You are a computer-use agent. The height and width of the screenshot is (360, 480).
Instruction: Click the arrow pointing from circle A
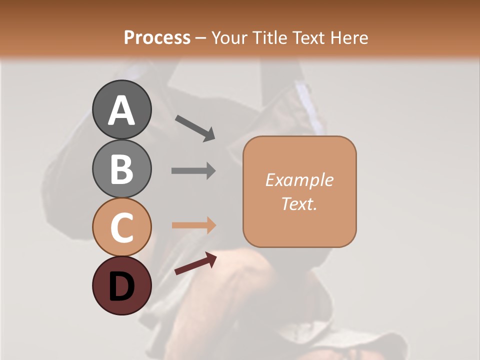pos(195,127)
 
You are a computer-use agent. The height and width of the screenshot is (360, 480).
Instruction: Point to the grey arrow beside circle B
pos(193,170)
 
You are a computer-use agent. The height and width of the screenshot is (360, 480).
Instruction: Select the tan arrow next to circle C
pos(193,225)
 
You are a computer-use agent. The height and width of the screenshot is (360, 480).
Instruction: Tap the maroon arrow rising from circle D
pos(195,263)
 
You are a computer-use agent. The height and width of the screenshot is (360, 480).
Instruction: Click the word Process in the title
pos(157,37)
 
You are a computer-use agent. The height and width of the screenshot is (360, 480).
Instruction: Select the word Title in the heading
pos(268,37)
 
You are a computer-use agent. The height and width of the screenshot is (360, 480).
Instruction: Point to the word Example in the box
pos(299,180)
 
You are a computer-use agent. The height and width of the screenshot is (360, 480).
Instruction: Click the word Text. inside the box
pos(299,204)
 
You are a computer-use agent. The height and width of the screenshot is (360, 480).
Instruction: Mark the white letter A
pos(121,110)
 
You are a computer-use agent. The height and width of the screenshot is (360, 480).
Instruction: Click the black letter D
pos(121,287)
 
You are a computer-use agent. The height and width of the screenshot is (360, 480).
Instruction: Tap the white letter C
pos(121,227)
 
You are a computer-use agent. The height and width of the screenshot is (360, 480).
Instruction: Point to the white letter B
pos(121,169)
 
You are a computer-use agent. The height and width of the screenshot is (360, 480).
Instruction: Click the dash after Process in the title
pos(200,38)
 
